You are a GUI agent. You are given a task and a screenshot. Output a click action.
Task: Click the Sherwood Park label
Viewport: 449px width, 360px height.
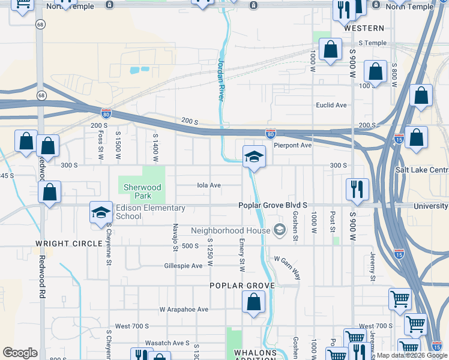point(142,191)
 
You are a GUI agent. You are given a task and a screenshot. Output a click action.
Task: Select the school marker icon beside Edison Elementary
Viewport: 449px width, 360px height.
point(101,212)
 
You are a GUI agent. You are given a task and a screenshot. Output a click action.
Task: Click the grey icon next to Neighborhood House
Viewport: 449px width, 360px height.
point(279,230)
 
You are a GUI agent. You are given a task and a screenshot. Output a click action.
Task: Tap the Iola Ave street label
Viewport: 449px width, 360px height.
point(209,185)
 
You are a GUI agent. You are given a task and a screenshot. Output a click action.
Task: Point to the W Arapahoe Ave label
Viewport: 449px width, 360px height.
point(184,310)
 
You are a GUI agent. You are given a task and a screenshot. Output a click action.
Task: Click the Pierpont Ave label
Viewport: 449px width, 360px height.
point(292,145)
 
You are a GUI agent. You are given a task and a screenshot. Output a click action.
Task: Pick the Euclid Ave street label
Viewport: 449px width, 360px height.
point(331,105)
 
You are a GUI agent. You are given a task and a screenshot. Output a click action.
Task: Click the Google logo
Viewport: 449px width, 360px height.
point(20,353)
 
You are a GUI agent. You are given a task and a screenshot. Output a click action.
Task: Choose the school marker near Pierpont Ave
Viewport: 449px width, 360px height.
point(254,157)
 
